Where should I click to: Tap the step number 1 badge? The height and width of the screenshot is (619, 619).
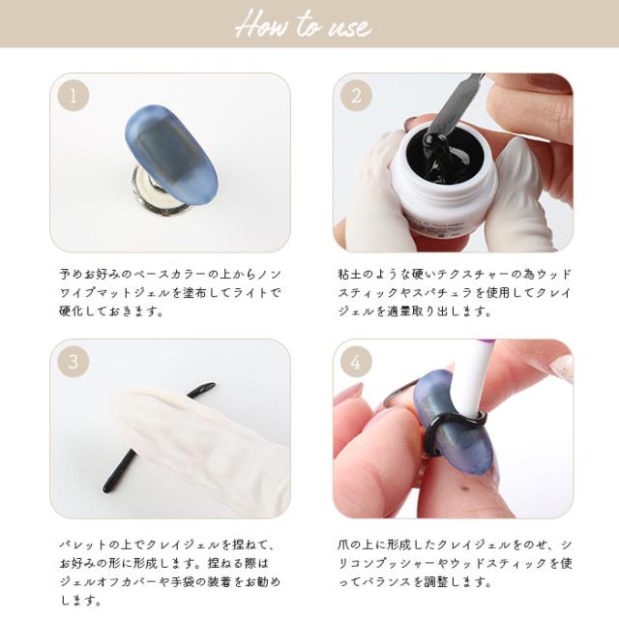pyautogui.click(x=74, y=96)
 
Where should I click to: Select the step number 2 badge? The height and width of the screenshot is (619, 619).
pyautogui.click(x=356, y=96)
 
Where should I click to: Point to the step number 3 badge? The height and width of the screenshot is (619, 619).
pyautogui.click(x=74, y=362)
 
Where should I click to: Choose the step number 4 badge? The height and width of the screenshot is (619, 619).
pyautogui.click(x=356, y=362)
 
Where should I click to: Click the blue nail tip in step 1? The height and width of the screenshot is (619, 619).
pyautogui.click(x=170, y=155)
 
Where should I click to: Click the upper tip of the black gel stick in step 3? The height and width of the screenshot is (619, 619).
pyautogui.click(x=212, y=384)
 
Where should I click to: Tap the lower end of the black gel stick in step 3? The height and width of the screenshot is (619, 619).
pyautogui.click(x=106, y=489)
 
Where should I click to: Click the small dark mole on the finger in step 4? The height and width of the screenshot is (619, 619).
pyautogui.click(x=465, y=489)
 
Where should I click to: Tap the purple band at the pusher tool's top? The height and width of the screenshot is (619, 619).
pyautogui.click(x=488, y=341)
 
